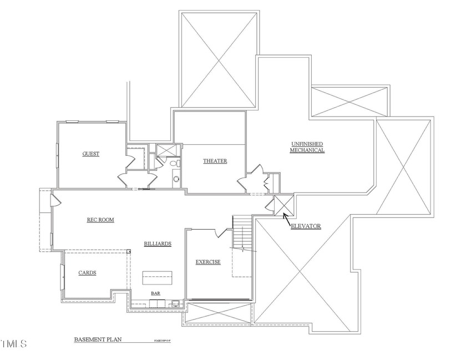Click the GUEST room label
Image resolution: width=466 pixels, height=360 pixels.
click(x=91, y=154)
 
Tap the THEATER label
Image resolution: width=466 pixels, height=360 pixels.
click(x=215, y=161)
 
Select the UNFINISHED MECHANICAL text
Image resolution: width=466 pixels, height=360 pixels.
click(x=307, y=147)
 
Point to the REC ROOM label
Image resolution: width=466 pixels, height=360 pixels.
click(x=100, y=220)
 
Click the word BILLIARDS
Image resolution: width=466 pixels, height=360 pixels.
click(x=157, y=244)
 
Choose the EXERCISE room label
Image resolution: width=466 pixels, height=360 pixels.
click(x=208, y=262)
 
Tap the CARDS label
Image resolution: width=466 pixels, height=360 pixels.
click(x=87, y=272)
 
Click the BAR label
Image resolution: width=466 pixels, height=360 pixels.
click(x=156, y=294)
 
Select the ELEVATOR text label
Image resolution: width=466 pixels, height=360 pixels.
click(x=306, y=226)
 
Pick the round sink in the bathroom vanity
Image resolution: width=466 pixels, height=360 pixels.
click(x=176, y=179)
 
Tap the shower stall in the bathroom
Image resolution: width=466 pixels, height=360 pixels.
click(x=165, y=150)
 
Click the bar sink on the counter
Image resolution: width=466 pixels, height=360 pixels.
click(x=175, y=303)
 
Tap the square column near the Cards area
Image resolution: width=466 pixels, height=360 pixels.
click(x=129, y=252)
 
